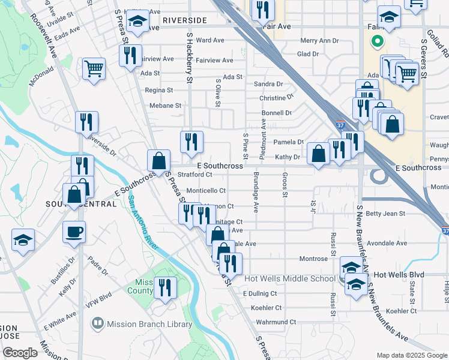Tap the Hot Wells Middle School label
point(291,278)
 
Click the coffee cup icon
point(74,232)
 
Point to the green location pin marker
point(378,41)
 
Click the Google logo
point(20,353)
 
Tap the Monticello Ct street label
point(206,191)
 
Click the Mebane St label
point(165,106)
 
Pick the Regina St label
point(159,90)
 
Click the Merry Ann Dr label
point(319,41)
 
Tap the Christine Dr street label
point(276,98)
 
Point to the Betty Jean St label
point(382,213)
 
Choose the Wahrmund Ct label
point(276,322)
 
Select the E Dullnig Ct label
point(260,293)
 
